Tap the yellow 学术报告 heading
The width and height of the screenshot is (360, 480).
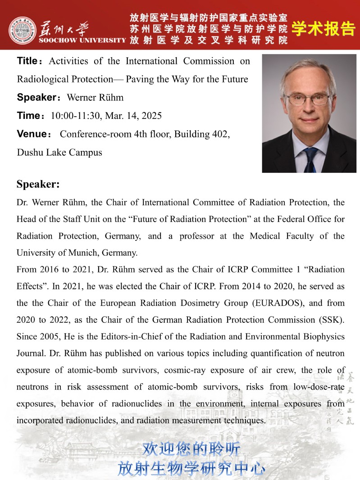[x=323, y=29]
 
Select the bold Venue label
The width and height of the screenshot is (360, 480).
[x=32, y=134]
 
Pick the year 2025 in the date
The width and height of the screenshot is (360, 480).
[x=151, y=116]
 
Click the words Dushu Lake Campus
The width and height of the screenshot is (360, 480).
[x=59, y=152]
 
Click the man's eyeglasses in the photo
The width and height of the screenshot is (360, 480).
[x=309, y=99]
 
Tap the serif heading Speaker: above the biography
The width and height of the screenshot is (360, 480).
[x=38, y=184]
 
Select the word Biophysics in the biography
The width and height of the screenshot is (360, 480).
[x=323, y=337]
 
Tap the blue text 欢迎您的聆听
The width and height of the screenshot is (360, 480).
[x=191, y=449]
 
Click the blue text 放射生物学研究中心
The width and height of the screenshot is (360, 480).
[x=191, y=468]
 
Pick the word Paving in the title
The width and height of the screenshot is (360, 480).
[x=140, y=79]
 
